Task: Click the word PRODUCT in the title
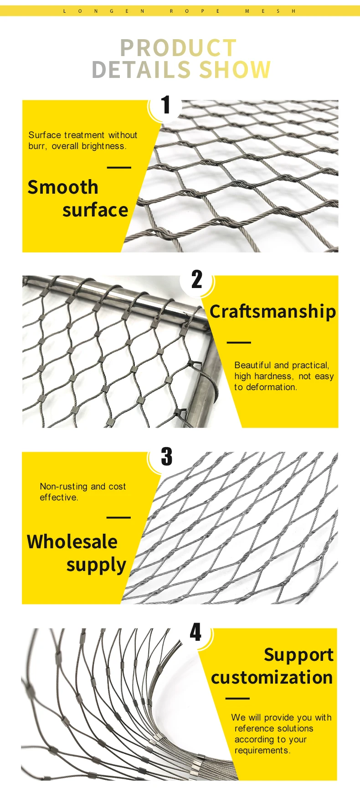[178, 48]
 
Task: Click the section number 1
[166, 105]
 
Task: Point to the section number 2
[196, 279]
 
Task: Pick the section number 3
[167, 457]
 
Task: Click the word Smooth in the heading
[63, 187]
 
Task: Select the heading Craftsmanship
[273, 311]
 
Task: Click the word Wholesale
[72, 542]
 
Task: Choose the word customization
[272, 677]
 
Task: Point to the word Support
[298, 655]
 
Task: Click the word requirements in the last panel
[262, 750]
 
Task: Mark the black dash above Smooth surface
[119, 168]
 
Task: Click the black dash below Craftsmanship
[239, 342]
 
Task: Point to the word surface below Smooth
[95, 210]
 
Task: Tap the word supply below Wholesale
[96, 565]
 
